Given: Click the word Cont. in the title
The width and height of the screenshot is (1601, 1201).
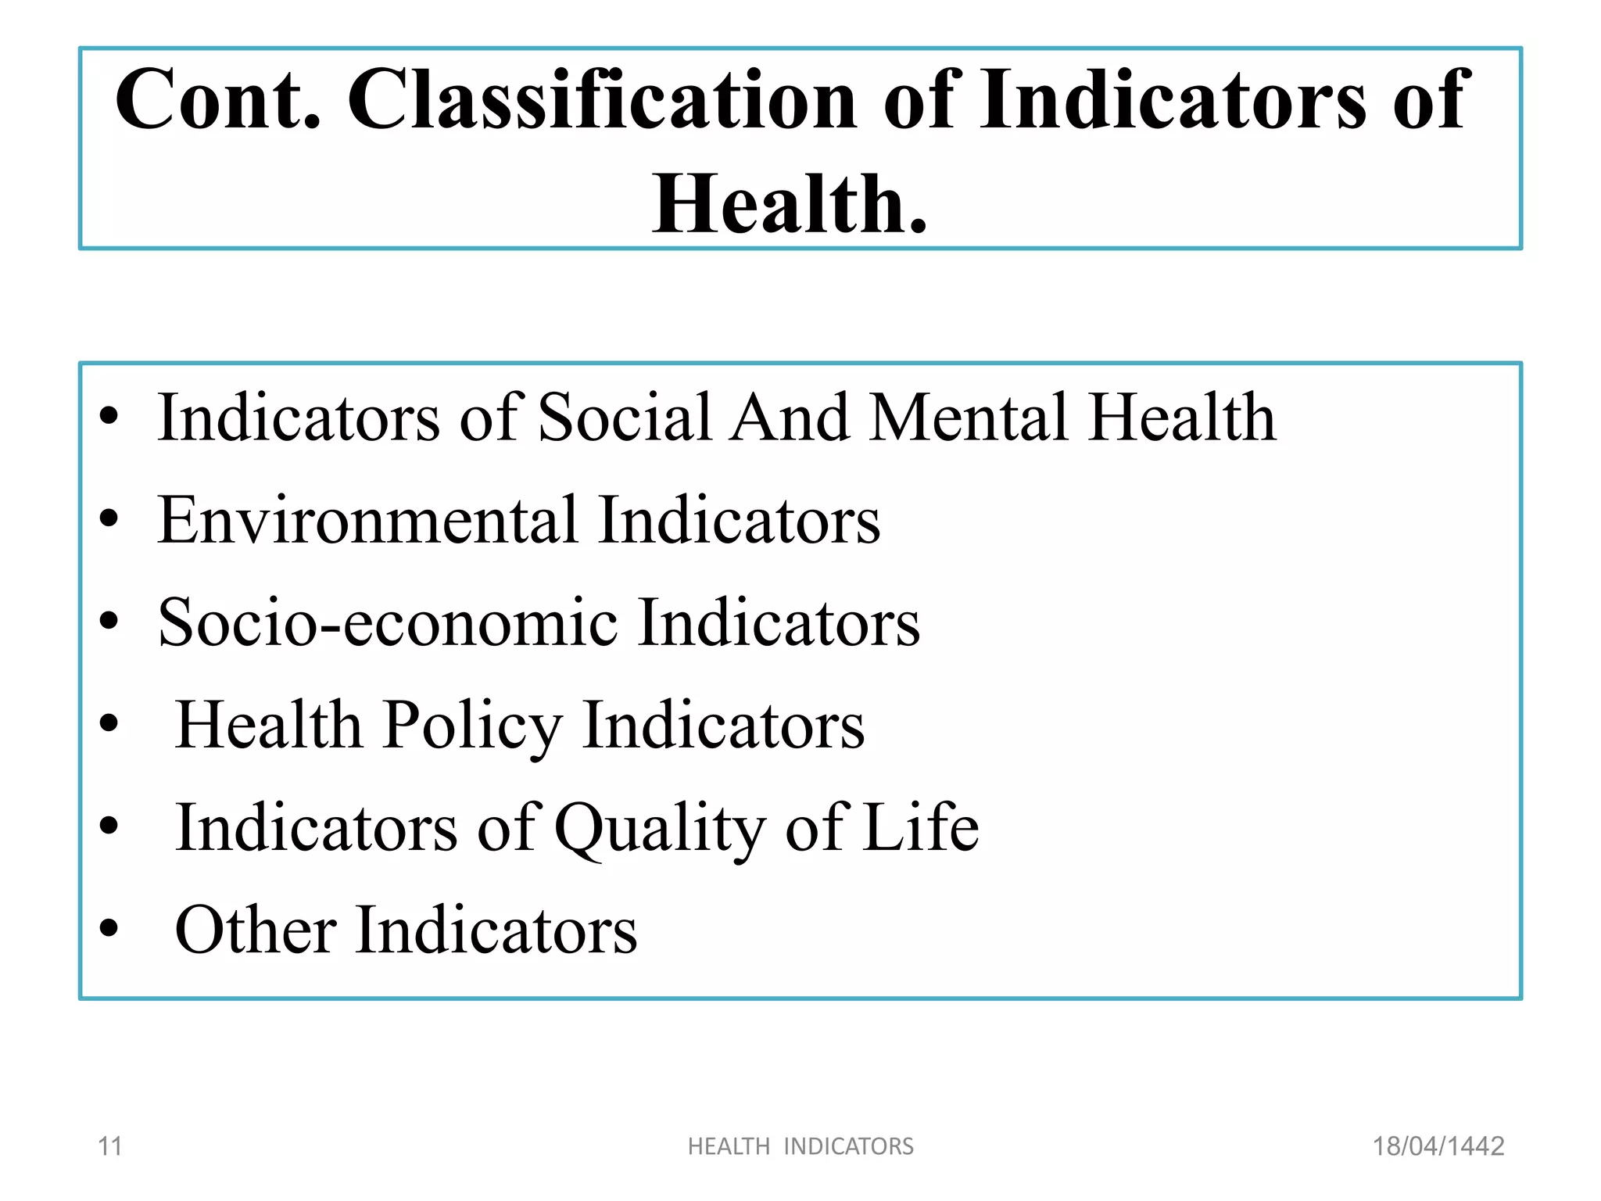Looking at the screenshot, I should (217, 99).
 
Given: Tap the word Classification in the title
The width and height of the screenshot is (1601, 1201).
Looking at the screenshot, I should (602, 99).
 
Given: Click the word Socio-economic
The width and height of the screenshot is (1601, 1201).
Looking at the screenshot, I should (388, 622).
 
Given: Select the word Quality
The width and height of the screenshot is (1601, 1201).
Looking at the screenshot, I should (658, 829).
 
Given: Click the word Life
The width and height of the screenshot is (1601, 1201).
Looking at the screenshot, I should (920, 827).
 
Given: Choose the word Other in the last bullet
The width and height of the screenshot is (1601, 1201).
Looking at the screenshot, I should (256, 930).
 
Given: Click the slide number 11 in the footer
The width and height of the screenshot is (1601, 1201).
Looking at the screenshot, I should (109, 1146).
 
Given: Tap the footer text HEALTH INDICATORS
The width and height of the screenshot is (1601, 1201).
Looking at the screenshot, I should (800, 1146).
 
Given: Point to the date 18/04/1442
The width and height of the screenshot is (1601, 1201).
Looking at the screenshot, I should (1438, 1146).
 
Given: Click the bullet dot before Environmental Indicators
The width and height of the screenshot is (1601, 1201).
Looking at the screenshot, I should (109, 518).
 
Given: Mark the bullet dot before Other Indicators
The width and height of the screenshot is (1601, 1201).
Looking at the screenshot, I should (109, 928).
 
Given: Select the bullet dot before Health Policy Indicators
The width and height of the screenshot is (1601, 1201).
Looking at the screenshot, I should (109, 723).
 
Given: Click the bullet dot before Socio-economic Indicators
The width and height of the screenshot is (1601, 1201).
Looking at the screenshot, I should (109, 621).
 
